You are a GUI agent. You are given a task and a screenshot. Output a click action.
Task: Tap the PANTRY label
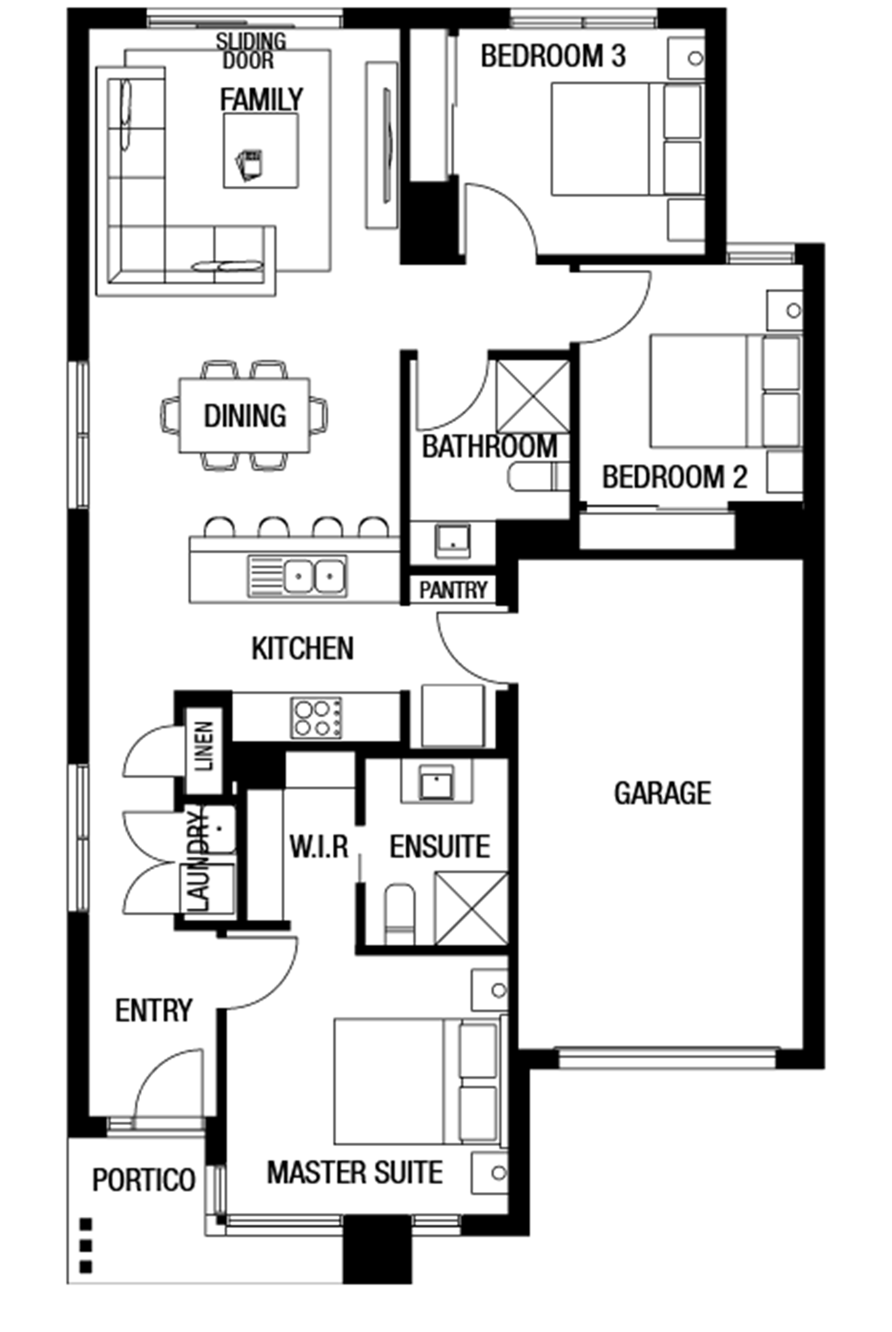453,590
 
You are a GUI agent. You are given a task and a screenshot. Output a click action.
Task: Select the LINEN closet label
204,746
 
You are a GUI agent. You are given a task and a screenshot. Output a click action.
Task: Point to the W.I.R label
319,846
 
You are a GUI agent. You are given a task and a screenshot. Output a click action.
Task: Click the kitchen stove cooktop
317,718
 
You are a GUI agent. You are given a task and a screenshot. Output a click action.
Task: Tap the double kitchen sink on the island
297,576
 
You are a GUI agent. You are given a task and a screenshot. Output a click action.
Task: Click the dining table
245,415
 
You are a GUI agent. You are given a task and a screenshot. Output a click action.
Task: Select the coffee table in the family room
261,151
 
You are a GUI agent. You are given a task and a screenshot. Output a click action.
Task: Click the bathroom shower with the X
533,397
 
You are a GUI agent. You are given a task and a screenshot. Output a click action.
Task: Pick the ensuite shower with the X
471,908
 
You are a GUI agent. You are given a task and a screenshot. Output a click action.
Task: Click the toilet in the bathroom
538,477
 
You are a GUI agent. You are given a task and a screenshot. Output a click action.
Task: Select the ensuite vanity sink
437,782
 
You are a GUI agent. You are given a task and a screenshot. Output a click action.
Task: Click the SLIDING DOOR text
251,51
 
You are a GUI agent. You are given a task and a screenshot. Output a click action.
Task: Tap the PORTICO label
144,1180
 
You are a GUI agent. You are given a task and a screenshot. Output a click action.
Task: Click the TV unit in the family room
382,145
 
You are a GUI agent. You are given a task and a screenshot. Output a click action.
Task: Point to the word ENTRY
154,1010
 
